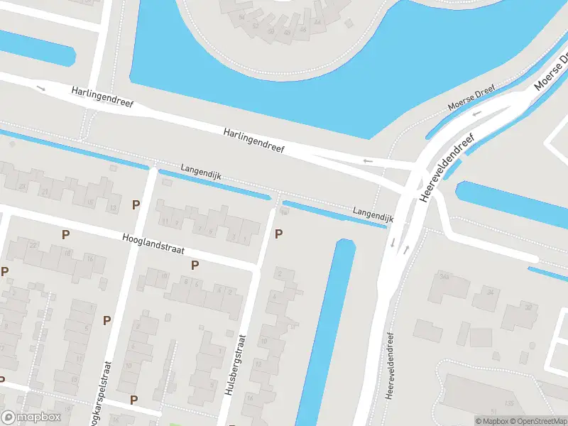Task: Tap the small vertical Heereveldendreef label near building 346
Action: [390, 365]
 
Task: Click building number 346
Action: [445, 276]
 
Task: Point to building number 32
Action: [528, 307]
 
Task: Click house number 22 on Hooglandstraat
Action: [33, 245]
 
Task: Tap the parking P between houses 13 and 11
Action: [136, 204]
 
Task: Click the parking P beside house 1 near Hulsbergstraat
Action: [278, 233]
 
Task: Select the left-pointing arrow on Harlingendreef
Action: [367, 161]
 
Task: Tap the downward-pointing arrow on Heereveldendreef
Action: [393, 244]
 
